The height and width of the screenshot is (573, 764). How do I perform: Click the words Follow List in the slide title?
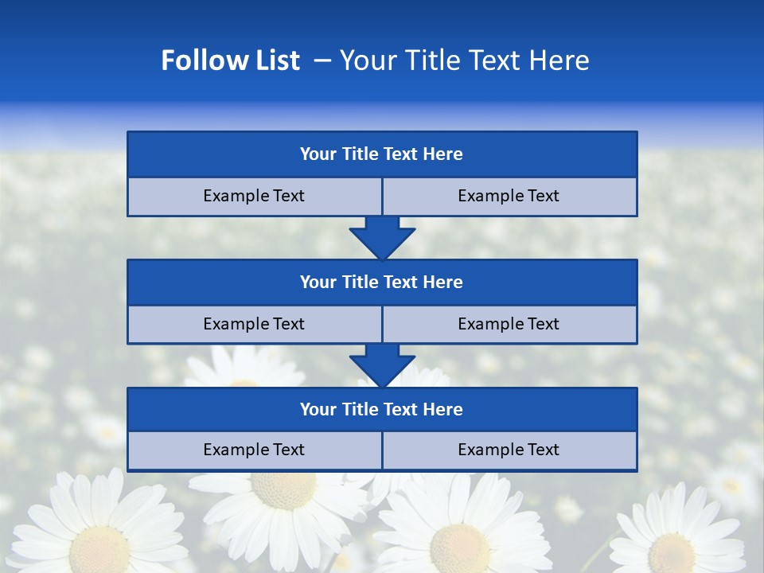pos(230,60)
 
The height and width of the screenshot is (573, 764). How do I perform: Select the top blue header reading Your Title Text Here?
pos(382,154)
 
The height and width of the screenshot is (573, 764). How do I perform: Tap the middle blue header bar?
pos(382,283)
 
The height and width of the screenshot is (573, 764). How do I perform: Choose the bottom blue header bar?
pos(382,410)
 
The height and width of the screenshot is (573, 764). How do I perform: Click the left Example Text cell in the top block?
pos(254,197)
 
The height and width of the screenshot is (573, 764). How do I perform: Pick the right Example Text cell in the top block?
pos(509,197)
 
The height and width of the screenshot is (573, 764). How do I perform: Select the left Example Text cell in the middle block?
pos(254,325)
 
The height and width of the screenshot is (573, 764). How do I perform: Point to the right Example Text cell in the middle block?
pos(509,325)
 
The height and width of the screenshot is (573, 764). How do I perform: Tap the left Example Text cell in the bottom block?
pos(254,450)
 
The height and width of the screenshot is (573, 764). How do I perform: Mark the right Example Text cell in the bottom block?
pos(509,450)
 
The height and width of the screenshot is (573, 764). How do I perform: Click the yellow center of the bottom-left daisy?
pos(99,549)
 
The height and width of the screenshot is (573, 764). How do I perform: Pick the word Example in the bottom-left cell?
pos(233,450)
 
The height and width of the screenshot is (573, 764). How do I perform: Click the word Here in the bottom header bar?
pos(443,410)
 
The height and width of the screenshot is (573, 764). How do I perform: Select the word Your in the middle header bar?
pos(318,283)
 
